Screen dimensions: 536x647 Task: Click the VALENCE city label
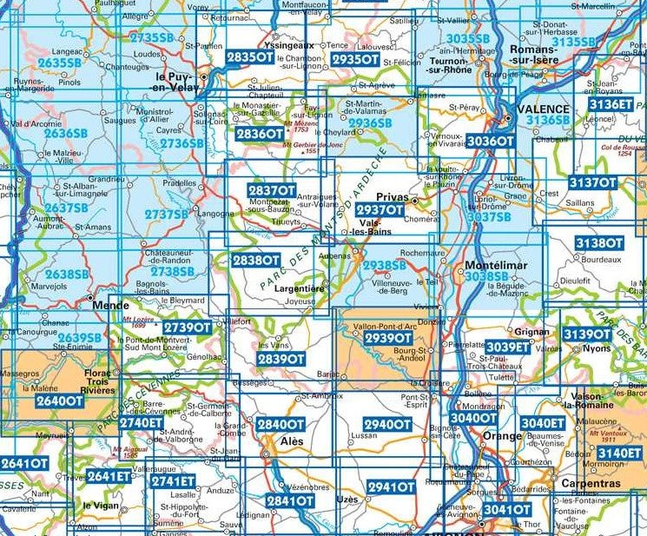coord(543,109)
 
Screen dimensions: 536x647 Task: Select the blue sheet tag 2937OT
coord(380,210)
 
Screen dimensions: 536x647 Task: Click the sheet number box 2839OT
coord(281,359)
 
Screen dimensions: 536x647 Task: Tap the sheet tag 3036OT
coord(490,140)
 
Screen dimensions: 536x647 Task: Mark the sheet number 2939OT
coord(387,337)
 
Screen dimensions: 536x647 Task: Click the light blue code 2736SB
coord(182,142)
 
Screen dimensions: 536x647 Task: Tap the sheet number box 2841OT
coord(290,500)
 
